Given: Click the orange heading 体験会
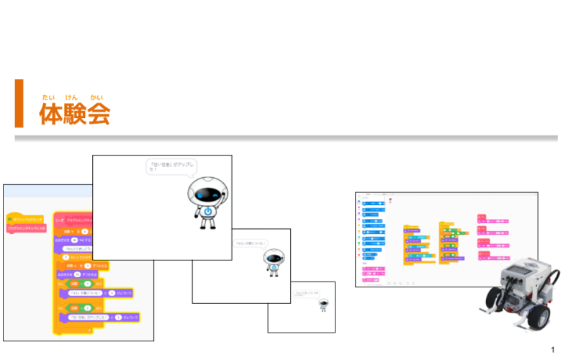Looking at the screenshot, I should [x=75, y=114].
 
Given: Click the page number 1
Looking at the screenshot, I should [x=552, y=350].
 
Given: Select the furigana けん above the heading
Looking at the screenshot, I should [x=71, y=96].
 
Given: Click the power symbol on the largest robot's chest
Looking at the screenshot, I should [x=207, y=212].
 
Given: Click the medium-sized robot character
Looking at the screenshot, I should [x=274, y=261].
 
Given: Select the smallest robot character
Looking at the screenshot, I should [x=325, y=305].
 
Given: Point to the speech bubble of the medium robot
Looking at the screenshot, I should [x=250, y=243].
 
